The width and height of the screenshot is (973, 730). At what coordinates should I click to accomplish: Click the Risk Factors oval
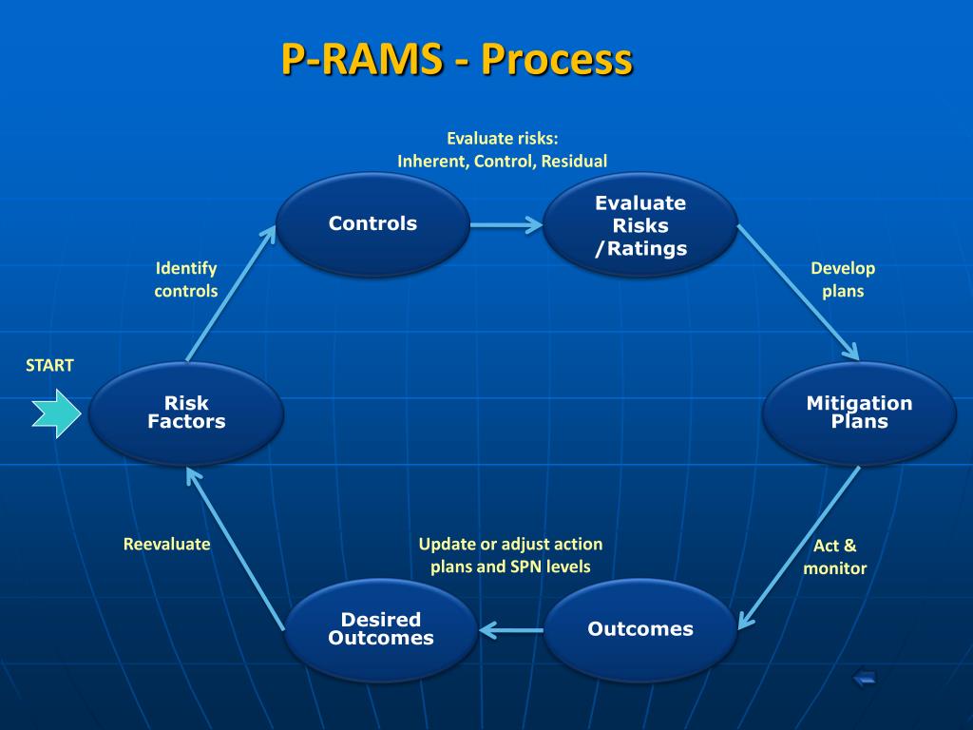[x=186, y=413]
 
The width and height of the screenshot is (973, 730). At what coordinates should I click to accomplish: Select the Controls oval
[x=372, y=224]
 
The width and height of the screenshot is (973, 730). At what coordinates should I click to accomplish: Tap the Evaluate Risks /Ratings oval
[x=640, y=224]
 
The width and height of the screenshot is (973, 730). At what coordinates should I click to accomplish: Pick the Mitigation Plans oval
[x=859, y=413]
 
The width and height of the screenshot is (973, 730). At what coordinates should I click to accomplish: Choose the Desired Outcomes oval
[x=381, y=629]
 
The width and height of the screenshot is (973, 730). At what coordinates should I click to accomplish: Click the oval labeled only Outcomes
[x=640, y=629]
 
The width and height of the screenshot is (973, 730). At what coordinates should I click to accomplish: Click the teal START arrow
[x=56, y=413]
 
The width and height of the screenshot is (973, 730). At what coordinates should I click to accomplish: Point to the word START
[x=49, y=365]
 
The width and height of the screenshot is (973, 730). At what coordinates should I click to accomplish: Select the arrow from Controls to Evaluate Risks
[x=506, y=224]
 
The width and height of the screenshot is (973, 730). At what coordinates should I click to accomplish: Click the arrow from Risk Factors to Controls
[x=231, y=293]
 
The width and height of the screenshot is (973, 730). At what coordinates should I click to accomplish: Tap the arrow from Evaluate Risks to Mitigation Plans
[x=798, y=293]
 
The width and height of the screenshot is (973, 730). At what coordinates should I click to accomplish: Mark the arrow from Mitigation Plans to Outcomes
[x=799, y=548]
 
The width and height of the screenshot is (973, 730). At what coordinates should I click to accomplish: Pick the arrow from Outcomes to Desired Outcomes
[x=511, y=631]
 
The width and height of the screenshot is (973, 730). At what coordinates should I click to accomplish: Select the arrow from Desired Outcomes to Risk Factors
[x=236, y=549]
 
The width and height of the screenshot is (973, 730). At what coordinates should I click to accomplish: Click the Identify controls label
[x=186, y=279]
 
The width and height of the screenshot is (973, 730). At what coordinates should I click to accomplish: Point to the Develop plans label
[x=843, y=279]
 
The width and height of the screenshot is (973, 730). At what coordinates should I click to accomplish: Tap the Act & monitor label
[x=834, y=557]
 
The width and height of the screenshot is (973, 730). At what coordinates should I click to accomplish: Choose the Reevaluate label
[x=167, y=545]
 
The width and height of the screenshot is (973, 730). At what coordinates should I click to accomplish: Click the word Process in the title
[x=557, y=60]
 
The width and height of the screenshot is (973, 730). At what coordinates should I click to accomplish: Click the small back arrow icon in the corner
[x=865, y=677]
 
